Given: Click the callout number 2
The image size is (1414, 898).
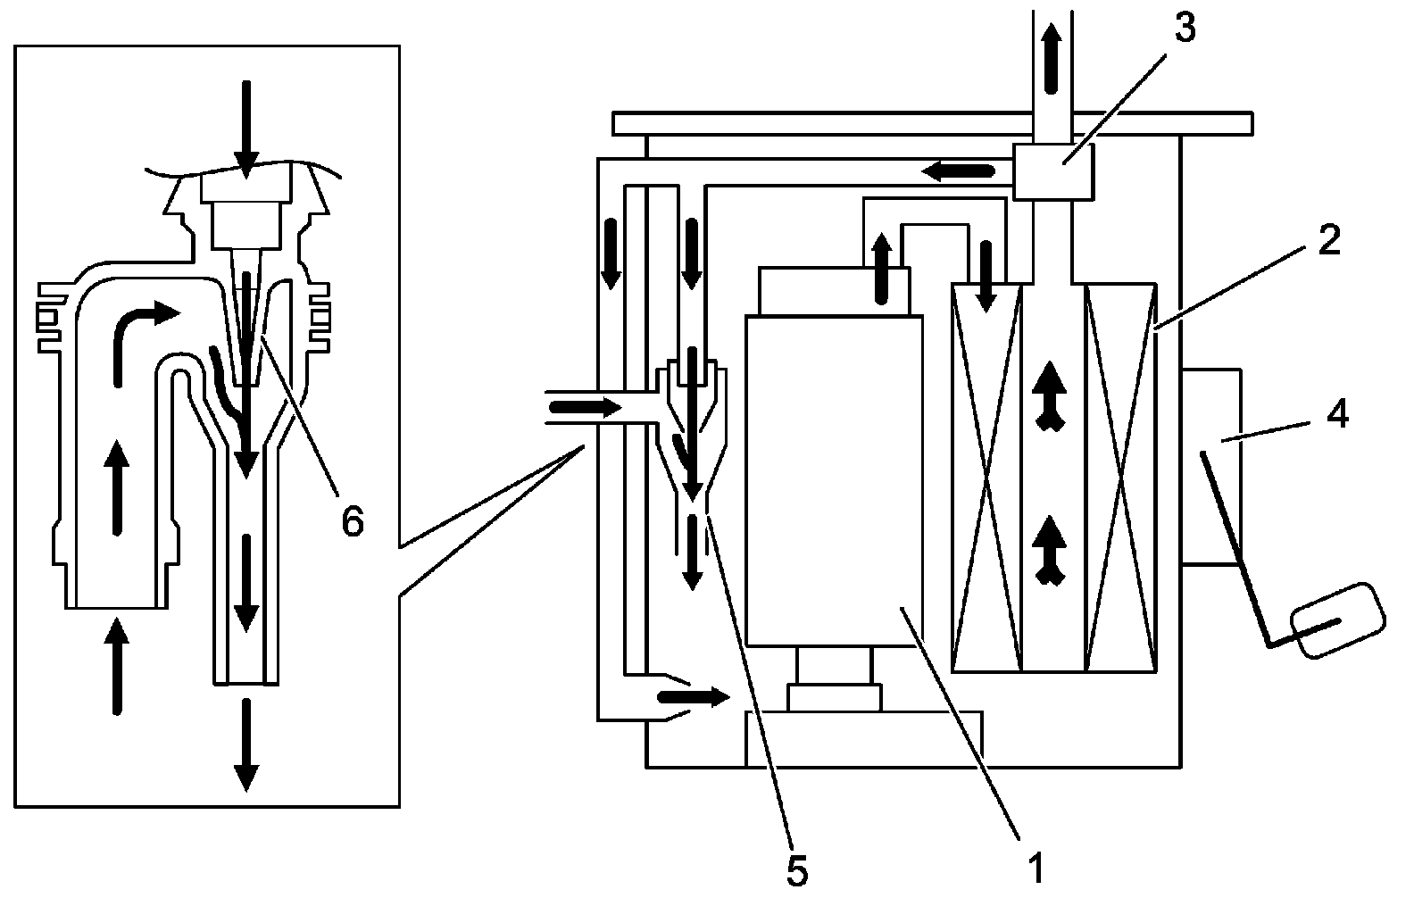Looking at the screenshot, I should pyautogui.click(x=1328, y=241).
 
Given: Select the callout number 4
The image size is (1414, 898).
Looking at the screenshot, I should pyautogui.click(x=1337, y=414).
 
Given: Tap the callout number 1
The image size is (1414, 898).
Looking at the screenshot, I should pyautogui.click(x=1035, y=867).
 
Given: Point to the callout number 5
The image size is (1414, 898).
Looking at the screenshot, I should pyautogui.click(x=797, y=870).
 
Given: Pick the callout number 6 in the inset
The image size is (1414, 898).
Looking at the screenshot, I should pyautogui.click(x=353, y=522).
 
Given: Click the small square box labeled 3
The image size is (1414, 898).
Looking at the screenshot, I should pyautogui.click(x=1053, y=170).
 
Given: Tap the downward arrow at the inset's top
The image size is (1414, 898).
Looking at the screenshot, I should pyautogui.click(x=245, y=125).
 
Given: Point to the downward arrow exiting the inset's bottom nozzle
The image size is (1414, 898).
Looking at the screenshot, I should pyautogui.click(x=245, y=745).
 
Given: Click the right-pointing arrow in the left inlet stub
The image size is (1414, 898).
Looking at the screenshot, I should pyautogui.click(x=585, y=408).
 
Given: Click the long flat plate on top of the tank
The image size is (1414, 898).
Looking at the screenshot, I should pyautogui.click(x=932, y=123).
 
